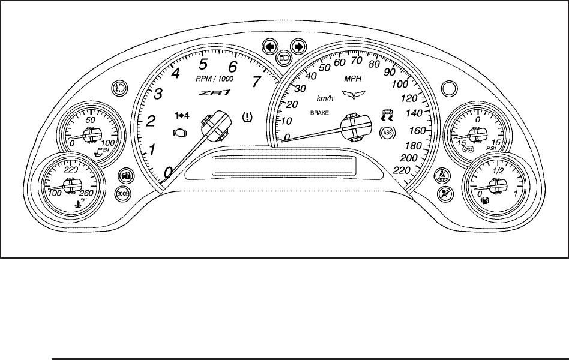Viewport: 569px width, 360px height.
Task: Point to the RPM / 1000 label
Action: (215, 79)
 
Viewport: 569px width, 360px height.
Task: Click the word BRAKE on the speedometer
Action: (321, 113)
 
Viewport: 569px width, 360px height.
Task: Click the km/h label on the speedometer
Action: (325, 98)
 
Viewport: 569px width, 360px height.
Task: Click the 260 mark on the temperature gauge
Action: (86, 193)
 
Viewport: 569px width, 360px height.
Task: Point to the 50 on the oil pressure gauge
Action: (92, 119)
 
